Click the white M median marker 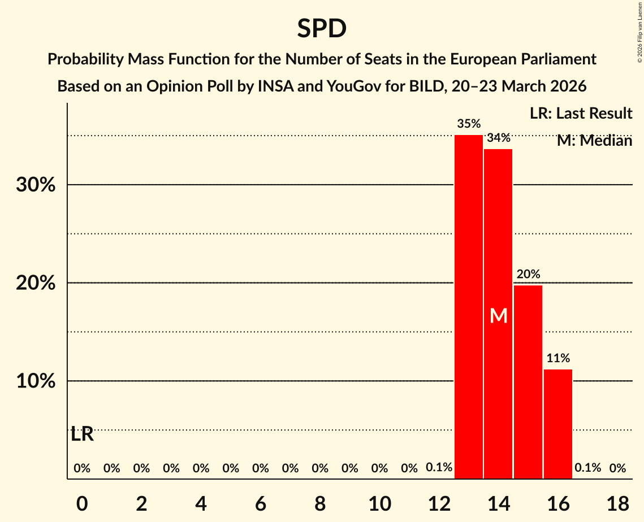click(x=498, y=316)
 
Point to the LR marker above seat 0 click(x=82, y=435)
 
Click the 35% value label click(x=469, y=124)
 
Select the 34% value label click(x=499, y=137)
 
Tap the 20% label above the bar click(x=528, y=275)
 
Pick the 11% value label click(x=558, y=358)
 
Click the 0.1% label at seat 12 click(x=439, y=468)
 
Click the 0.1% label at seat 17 click(x=587, y=468)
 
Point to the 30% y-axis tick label click(x=36, y=185)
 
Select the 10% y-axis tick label click(x=36, y=381)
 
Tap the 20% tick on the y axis click(x=36, y=283)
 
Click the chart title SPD click(x=322, y=29)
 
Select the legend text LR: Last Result click(x=581, y=114)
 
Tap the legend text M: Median click(x=594, y=141)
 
